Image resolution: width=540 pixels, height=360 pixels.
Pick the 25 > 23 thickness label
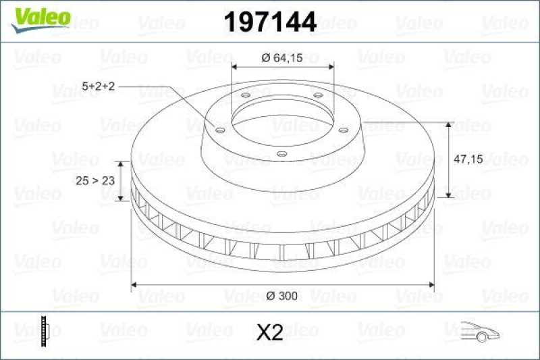click(x=93, y=181)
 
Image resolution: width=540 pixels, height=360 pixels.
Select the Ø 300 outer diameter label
click(x=283, y=296)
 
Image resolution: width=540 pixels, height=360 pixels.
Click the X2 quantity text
click(x=270, y=332)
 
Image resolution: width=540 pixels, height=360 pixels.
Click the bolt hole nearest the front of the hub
click(x=282, y=154)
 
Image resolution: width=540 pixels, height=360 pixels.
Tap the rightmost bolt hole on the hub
click(x=343, y=130)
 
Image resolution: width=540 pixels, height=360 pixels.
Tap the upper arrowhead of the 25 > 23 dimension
click(x=121, y=164)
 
